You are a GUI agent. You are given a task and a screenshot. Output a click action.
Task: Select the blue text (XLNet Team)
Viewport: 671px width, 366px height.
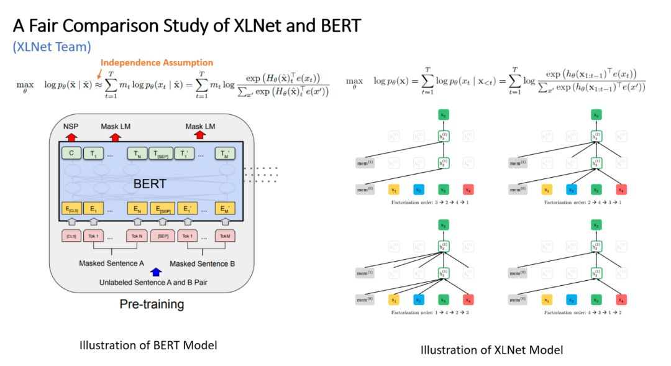(x=52, y=46)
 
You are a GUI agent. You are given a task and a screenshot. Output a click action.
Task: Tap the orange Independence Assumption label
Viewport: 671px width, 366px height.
(x=157, y=63)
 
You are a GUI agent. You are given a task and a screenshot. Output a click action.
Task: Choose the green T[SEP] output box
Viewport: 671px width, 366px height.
(x=162, y=153)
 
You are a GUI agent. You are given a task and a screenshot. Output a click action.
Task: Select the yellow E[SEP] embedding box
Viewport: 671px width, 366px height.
(x=163, y=209)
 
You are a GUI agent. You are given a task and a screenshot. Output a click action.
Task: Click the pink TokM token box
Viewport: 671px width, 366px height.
(x=225, y=237)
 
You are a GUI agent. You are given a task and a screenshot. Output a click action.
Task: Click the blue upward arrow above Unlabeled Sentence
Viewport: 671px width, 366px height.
(x=156, y=272)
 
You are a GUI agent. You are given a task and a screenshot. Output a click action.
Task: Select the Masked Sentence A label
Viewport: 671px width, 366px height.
(x=111, y=263)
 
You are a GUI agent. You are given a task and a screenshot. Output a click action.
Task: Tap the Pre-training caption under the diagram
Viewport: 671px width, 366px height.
(x=152, y=304)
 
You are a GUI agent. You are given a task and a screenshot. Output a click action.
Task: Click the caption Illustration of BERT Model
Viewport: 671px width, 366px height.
(x=148, y=345)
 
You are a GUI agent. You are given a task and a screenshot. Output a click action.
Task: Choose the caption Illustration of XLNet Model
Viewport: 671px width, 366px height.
(x=491, y=350)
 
